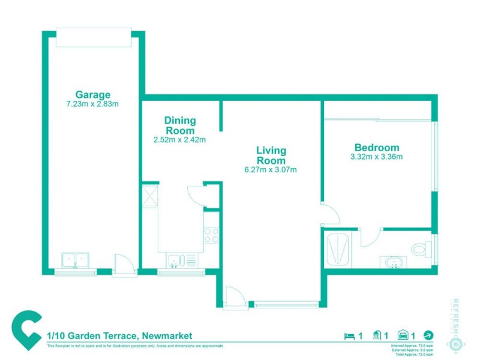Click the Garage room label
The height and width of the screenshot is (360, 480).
pos(93,94)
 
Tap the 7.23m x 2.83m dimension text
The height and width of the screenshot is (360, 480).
pos(93,104)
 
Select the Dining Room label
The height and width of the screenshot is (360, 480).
pos(180,125)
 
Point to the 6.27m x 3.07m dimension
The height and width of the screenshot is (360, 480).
pos(271,170)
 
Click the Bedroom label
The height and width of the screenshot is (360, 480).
pos(377,148)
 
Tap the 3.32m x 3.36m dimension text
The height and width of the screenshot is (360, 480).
pos(377,157)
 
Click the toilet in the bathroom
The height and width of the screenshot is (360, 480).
pos(421,248)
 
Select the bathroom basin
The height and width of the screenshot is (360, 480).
pos(394,262)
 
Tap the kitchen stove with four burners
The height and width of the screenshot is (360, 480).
pos(211,235)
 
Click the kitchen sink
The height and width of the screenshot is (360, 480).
pos(175,260)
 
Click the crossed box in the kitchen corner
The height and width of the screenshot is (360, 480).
pos(149,196)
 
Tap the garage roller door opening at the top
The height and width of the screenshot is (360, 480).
pos(93,38)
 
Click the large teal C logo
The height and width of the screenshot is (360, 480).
pos(27,331)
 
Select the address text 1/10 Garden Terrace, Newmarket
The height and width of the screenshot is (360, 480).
pos(120,336)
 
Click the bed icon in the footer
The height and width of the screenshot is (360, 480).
pos(349,336)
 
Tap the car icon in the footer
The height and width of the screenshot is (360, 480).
pos(404,336)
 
